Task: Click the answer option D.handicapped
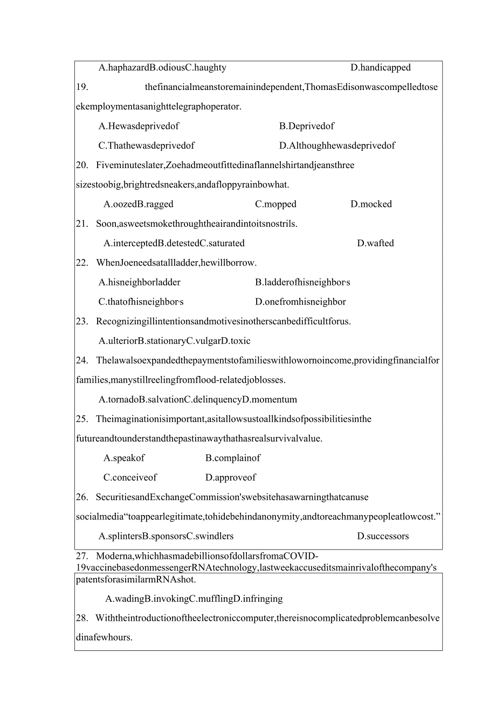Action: pos(381,68)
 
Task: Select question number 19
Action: pos(82,87)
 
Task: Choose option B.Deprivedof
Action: pos(307,126)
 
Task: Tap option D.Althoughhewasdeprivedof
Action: pos(337,145)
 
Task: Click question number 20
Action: pos(82,165)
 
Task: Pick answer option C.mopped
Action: pos(275,204)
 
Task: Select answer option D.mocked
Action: pos(371,204)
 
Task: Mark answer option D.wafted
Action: pos(375,244)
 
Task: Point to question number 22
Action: pos(82,263)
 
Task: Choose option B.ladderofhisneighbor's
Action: pos(302,282)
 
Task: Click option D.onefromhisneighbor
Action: pos(300,302)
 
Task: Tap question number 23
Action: pos(82,322)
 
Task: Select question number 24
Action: pos(82,360)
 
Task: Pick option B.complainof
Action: pos(233,458)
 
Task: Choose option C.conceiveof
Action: pos(130,477)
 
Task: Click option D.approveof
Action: pos(231,477)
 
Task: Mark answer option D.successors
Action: pos(383,536)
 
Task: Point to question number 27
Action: pos(82,556)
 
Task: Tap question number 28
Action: pos(82,618)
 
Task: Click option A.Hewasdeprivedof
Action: pos(139,126)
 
